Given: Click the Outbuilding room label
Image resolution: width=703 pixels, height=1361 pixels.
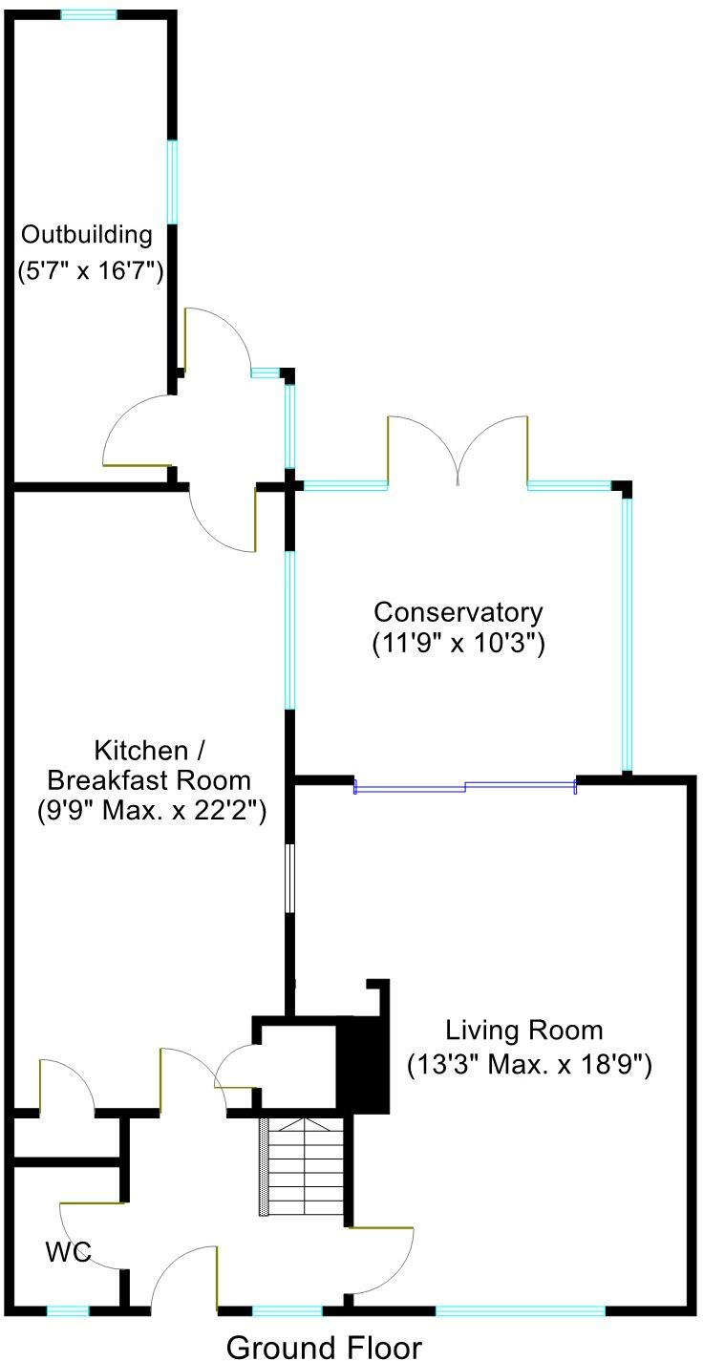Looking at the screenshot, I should click(87, 234).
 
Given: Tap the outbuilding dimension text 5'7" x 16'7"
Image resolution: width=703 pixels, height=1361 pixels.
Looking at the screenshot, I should click(92, 271).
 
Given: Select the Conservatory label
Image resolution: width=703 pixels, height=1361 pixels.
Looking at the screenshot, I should click(458, 611).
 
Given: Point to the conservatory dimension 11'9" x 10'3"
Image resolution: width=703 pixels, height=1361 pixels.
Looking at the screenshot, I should click(458, 644).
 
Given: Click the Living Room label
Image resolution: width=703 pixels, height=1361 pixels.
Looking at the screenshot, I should click(524, 1031).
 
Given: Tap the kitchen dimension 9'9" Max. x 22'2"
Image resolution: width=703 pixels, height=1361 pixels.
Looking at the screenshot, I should click(145, 813).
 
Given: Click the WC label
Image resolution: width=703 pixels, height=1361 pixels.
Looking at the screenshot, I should click(67, 1252).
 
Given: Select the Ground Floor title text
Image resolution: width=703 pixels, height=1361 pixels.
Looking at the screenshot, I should click(323, 1347).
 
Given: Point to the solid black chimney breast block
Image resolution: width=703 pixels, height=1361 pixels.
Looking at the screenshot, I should click(364, 1065).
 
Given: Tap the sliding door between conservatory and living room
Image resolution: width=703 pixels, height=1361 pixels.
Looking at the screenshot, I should click(465, 787).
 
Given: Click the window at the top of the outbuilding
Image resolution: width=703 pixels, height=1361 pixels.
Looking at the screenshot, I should click(89, 14).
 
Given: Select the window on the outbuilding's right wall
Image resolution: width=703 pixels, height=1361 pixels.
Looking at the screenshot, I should click(173, 181).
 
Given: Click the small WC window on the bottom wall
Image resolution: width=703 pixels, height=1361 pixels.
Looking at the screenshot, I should click(68, 1310).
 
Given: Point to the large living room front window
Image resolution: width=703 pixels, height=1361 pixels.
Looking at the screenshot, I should click(521, 1310).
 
